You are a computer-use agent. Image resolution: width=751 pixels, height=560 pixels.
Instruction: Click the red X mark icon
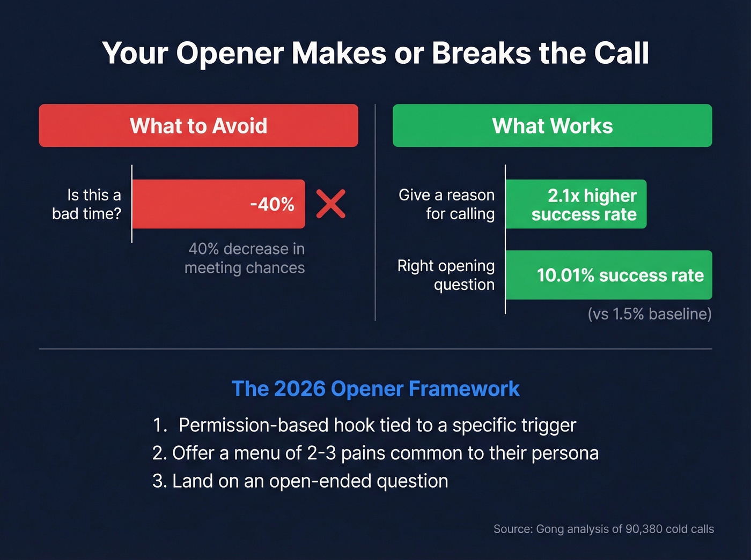coord(330,204)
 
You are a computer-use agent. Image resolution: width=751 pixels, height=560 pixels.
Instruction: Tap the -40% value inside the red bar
coord(272,204)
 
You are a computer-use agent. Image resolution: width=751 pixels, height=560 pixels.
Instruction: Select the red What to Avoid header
coord(198,126)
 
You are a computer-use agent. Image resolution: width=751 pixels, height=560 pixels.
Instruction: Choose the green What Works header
coord(552,126)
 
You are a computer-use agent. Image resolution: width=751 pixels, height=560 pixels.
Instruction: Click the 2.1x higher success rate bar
coord(576,204)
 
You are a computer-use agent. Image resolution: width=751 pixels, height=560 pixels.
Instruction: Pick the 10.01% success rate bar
coord(609,275)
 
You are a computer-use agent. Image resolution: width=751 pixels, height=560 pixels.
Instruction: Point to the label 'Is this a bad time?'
coord(87,204)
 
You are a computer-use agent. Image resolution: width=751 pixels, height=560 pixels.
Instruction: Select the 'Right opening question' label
coord(446,275)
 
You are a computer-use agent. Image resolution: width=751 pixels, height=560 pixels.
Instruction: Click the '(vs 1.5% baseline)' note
coord(650,313)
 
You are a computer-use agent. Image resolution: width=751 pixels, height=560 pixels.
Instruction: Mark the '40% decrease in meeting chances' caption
coord(245,258)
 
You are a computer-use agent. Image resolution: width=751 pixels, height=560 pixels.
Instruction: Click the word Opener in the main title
coord(230,53)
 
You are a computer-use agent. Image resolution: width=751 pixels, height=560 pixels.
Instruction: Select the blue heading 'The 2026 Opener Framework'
coord(376,389)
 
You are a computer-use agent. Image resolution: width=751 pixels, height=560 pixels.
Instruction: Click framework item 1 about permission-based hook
coord(364,425)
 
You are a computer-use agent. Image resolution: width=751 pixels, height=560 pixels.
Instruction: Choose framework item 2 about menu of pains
coord(376,453)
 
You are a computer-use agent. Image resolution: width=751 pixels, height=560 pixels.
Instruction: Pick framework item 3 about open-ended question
coord(300,481)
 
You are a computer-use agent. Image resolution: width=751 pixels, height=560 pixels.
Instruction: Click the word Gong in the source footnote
coord(550,529)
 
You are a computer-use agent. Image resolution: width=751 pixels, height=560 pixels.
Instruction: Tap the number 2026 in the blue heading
coord(299,389)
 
